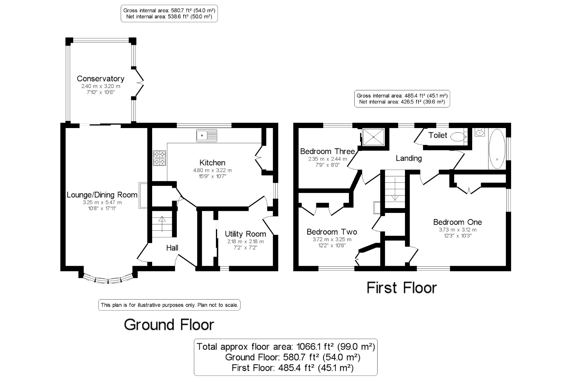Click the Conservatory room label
(x=100, y=79)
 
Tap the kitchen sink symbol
(x=206, y=135)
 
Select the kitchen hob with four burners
(x=159, y=158)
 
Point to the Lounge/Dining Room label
(x=102, y=195)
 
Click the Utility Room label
(x=245, y=234)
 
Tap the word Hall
(x=172, y=248)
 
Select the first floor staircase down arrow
(x=395, y=189)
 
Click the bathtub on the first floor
(x=497, y=149)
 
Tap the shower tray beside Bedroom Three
(x=373, y=137)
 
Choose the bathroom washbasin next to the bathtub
(x=480, y=132)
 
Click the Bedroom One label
(x=457, y=222)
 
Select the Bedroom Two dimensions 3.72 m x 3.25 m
(x=332, y=240)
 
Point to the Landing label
(x=409, y=158)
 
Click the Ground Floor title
(x=169, y=325)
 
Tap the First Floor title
(x=402, y=288)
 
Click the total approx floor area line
(x=285, y=347)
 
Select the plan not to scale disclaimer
(x=169, y=305)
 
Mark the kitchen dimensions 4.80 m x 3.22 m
(x=212, y=170)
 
